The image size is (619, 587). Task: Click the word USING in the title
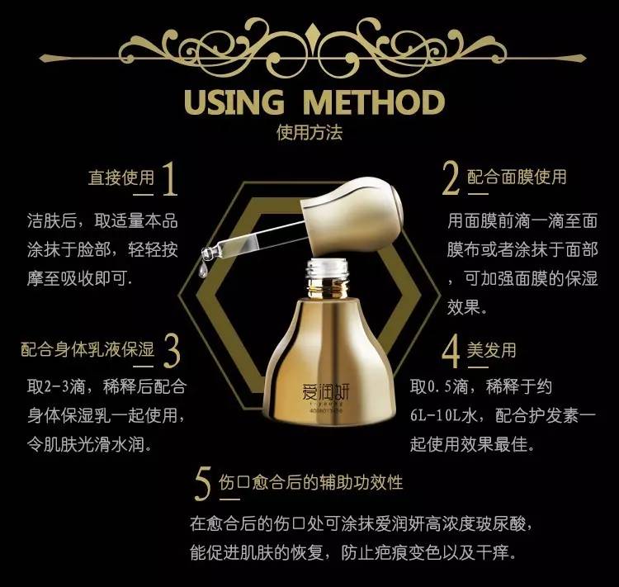(x=234, y=102)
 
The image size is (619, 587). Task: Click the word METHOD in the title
(x=374, y=102)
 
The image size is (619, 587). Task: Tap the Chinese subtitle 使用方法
(x=309, y=133)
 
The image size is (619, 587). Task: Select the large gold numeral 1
(x=170, y=178)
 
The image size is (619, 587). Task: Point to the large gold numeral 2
(x=451, y=178)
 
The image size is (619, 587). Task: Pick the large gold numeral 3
(x=172, y=351)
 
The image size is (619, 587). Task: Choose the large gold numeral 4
(x=451, y=351)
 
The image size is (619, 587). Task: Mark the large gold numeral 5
(x=203, y=484)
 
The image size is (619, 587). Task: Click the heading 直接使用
(x=121, y=178)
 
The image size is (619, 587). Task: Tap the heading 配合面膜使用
(x=517, y=177)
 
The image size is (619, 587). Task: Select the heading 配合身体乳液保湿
(x=87, y=349)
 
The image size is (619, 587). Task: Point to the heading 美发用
(x=492, y=350)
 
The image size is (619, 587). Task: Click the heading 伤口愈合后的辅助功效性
(x=310, y=482)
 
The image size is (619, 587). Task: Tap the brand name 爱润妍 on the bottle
(x=326, y=392)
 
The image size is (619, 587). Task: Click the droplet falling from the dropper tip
(x=203, y=269)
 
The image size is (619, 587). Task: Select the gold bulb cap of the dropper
(x=352, y=215)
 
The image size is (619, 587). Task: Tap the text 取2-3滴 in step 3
(x=56, y=386)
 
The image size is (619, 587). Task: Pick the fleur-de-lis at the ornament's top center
(x=312, y=32)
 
